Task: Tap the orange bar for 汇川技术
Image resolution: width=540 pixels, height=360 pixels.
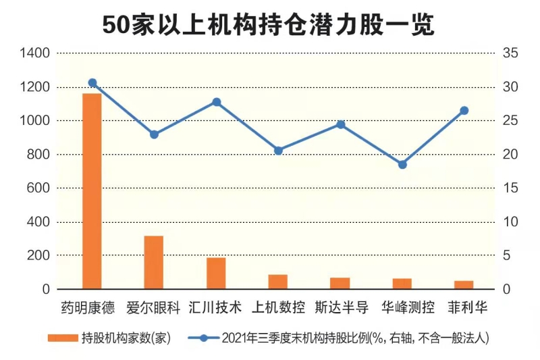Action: (216, 273)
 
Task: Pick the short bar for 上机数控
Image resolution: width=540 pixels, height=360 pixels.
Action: (278, 282)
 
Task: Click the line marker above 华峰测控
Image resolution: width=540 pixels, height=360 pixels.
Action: (402, 164)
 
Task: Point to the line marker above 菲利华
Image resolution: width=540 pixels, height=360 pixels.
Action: (464, 111)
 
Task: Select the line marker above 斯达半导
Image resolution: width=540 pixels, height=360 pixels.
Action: (340, 124)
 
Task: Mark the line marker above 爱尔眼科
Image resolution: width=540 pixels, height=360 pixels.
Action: (154, 134)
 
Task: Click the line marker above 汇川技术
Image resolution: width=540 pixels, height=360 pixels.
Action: (216, 102)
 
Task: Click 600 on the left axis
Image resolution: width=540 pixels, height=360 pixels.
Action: (38, 188)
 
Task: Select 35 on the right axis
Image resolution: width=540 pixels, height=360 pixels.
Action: (510, 53)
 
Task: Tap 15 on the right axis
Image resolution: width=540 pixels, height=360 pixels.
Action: (510, 188)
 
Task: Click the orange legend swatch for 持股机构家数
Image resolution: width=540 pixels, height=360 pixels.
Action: (63, 338)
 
